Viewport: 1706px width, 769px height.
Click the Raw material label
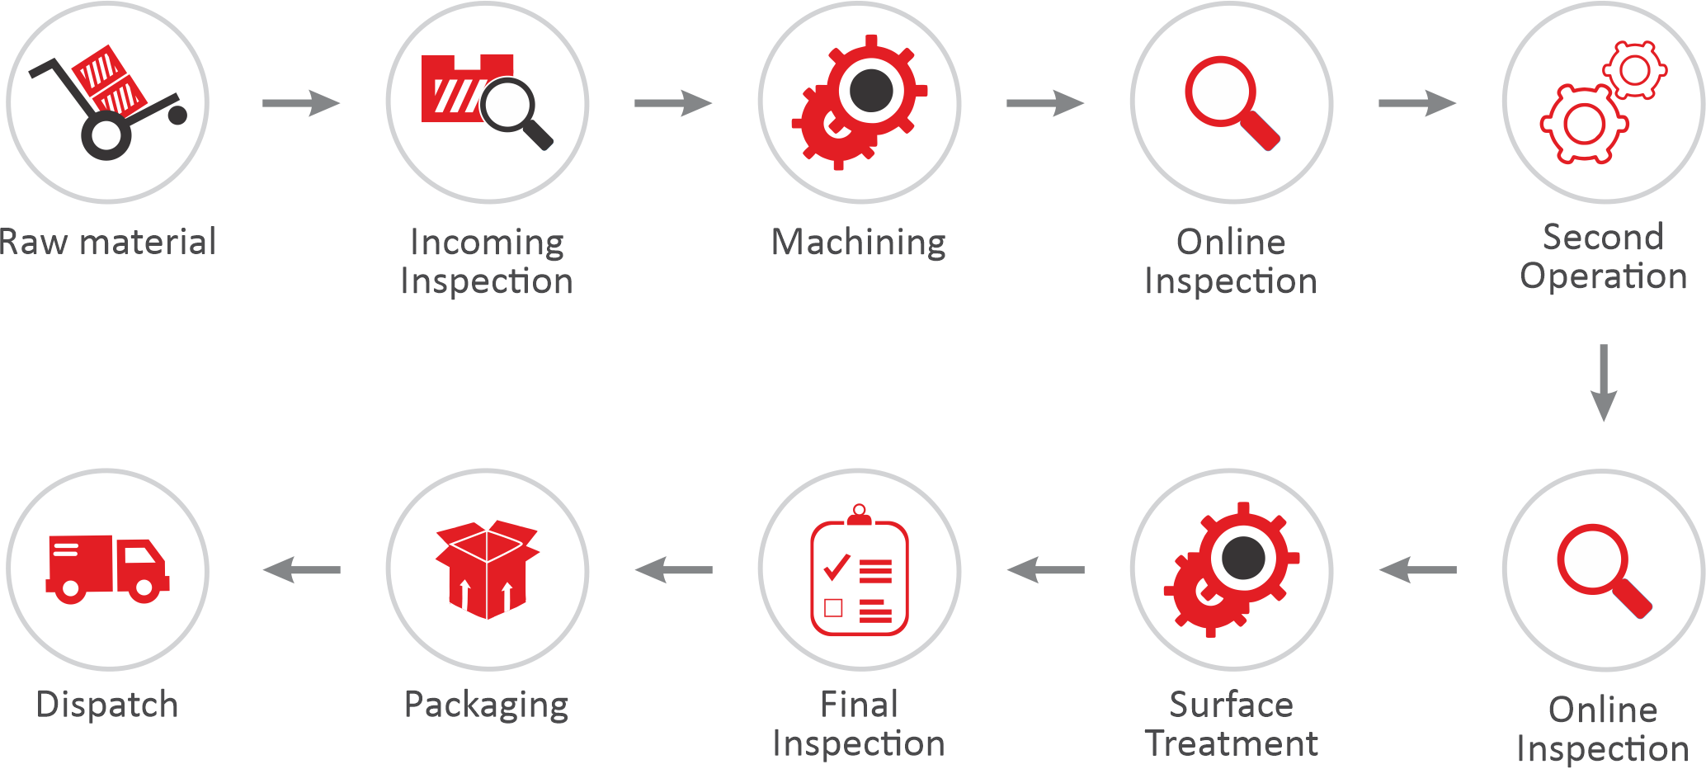pyautogui.click(x=108, y=243)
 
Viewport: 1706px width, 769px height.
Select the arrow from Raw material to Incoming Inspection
pyautogui.click(x=300, y=103)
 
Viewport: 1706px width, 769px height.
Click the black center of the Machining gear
pyautogui.click(x=871, y=90)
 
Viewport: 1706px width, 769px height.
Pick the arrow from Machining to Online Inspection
pyautogui.click(x=1044, y=103)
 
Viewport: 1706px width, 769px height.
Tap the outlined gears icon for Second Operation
pyautogui.click(x=1603, y=103)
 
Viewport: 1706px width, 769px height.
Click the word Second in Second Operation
pyautogui.click(x=1603, y=238)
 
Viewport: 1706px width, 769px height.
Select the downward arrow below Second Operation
pyautogui.click(x=1603, y=382)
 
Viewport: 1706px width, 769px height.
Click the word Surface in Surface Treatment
pyautogui.click(x=1231, y=705)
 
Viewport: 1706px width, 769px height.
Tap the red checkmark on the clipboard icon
pyautogui.click(x=837, y=567)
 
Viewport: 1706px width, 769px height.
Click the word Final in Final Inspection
pyautogui.click(x=859, y=705)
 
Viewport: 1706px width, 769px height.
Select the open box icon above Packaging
pyautogui.click(x=488, y=569)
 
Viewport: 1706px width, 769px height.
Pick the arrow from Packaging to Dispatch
pyautogui.click(x=302, y=569)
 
